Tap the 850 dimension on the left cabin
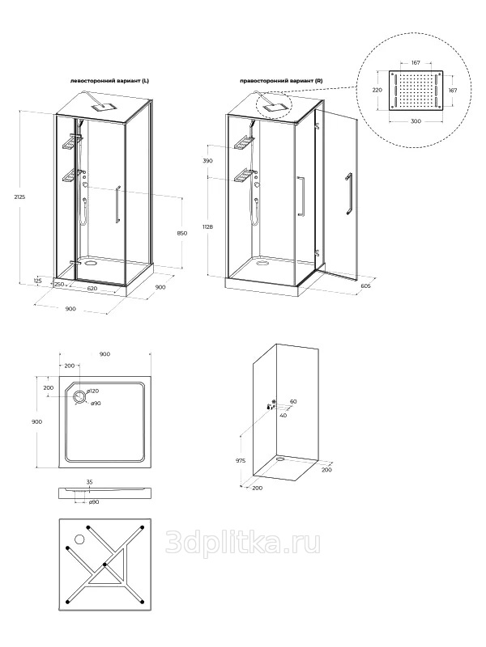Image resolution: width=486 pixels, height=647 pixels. pos(181,233)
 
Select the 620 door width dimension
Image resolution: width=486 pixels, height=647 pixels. pos(92,289)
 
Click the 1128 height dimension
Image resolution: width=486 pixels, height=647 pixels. pos(207,226)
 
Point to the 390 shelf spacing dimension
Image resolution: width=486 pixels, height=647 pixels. pos(208,160)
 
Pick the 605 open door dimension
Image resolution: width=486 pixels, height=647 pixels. pos(365,286)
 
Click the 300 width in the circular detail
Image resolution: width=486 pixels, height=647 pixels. pos(416,121)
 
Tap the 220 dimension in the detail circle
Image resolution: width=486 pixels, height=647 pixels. pos(377,90)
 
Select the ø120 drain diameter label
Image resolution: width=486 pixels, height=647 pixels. pos(93,391)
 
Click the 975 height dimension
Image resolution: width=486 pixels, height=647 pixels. pos(241,460)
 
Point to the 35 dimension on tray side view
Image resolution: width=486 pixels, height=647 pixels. pos(89,481)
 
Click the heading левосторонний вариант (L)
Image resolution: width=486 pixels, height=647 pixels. pos(109,82)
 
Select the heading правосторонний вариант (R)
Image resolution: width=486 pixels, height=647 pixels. pos(281,82)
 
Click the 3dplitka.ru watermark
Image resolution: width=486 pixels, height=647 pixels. pos(243,542)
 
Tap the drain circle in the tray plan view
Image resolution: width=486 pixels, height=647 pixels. pos(79,396)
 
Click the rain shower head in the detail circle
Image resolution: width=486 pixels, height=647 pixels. pos(416,91)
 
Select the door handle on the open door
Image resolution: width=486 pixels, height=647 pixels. pos(349,194)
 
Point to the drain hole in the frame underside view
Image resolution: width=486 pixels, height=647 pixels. pos(79,539)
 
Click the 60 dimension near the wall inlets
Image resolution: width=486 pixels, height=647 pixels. pos(293,401)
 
